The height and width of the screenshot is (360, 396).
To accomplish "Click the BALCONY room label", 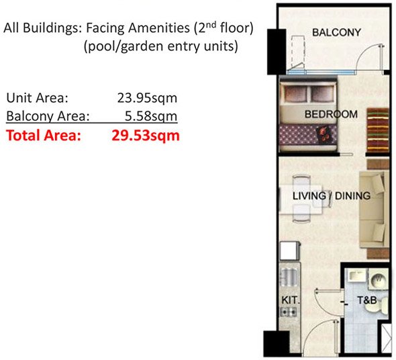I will [x=336, y=32].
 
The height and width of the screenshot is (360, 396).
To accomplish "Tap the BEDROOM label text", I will [x=331, y=114].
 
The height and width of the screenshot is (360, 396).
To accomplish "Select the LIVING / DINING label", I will [x=331, y=196].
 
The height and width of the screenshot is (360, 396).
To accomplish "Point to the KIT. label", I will [x=289, y=300].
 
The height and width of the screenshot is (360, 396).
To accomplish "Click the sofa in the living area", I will [x=371, y=208].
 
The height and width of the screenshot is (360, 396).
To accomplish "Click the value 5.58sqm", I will [x=151, y=116].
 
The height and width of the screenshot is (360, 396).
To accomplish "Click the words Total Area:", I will [x=43, y=136].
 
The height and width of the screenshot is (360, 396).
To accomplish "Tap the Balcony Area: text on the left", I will [x=47, y=116].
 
